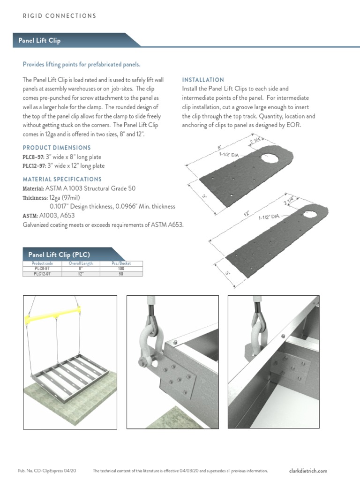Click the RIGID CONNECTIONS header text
pyautogui.click(x=60, y=16)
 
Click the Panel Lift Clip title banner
pyautogui.click(x=39, y=40)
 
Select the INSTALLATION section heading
pyautogui.click(x=202, y=80)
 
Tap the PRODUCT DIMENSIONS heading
pyautogui.click(x=57, y=148)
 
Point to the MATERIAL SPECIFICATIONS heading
pyautogui.click(x=62, y=179)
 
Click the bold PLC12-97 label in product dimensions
pyautogui.click(x=34, y=166)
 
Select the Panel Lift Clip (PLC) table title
pyautogui.click(x=59, y=255)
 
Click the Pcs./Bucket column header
pyautogui.click(x=121, y=263)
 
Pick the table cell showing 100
pyautogui.click(x=121, y=269)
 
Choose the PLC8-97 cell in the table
pyautogui.click(x=42, y=269)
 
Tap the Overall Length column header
pyautogui.click(x=81, y=263)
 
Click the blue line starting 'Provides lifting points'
pyautogui.click(x=82, y=64)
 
